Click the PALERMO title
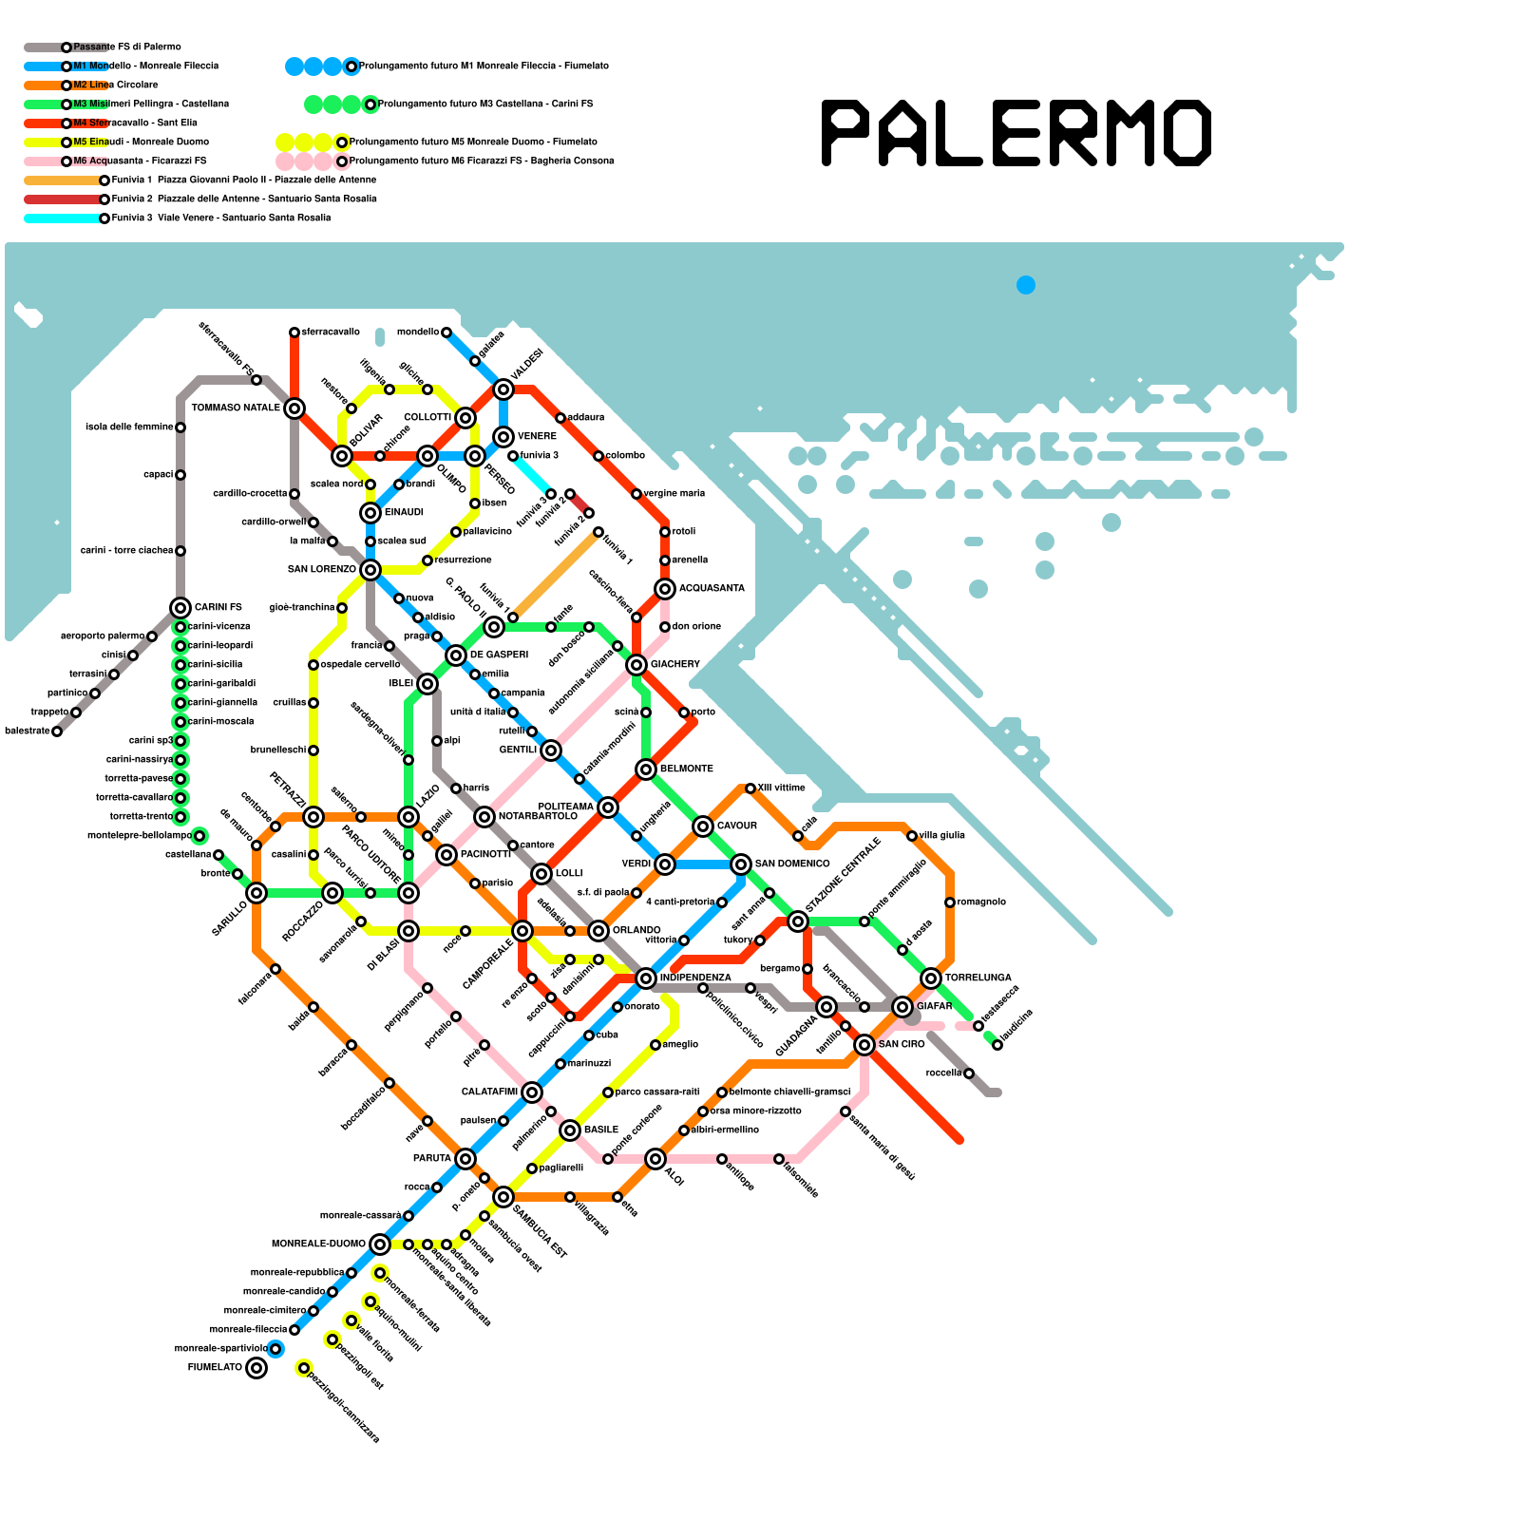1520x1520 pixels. [x=1016, y=133]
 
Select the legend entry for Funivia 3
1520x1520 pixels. [x=220, y=218]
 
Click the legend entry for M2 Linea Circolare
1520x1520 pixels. [x=115, y=85]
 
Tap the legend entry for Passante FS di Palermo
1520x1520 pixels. [x=126, y=47]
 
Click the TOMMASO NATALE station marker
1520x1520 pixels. [x=294, y=408]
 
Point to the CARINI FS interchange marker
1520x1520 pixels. [x=180, y=608]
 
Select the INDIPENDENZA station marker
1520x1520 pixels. [x=646, y=978]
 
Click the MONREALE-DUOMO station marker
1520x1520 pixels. [x=380, y=1244]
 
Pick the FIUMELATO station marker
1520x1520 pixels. [x=256, y=1368]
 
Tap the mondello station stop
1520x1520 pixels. [x=446, y=332]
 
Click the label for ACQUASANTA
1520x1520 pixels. [x=712, y=589]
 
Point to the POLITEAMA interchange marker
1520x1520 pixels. [x=608, y=807]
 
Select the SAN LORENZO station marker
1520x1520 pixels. [x=370, y=570]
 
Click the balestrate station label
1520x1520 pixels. [x=27, y=731]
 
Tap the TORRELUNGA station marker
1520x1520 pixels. [x=931, y=978]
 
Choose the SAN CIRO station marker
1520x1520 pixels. [x=864, y=1045]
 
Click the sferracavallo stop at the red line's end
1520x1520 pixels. [x=294, y=332]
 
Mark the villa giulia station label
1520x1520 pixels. [x=941, y=836]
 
